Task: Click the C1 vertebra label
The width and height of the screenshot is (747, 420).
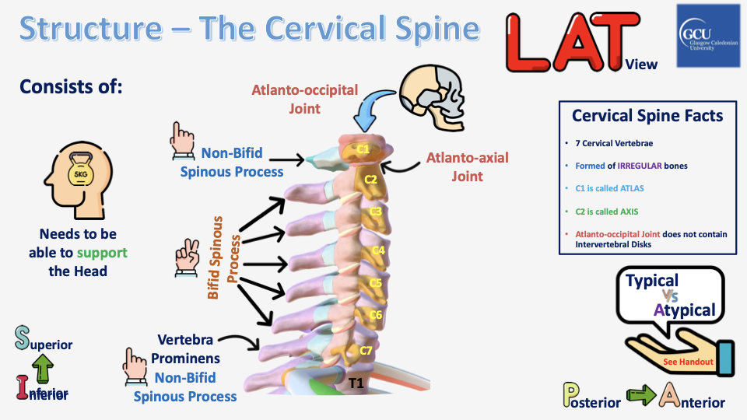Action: (363, 148)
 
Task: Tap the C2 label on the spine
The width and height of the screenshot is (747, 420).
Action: (371, 180)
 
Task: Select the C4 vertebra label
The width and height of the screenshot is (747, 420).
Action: (378, 250)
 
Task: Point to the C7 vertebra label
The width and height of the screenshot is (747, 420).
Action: (366, 350)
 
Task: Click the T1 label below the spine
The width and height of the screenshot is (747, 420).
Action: (356, 383)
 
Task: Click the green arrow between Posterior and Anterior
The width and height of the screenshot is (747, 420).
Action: (640, 399)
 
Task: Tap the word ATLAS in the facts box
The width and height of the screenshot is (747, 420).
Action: (626, 188)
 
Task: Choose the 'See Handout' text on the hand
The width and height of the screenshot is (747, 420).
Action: (682, 362)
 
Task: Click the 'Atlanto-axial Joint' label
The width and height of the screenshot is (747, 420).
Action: (467, 166)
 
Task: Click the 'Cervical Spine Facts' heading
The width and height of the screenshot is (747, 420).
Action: (647, 116)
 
